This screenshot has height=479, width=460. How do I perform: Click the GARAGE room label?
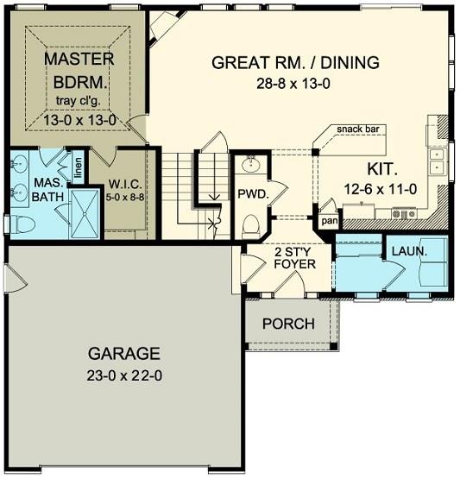pyautogui.click(x=124, y=354)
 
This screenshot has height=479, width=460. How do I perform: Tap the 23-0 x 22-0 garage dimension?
pyautogui.click(x=124, y=375)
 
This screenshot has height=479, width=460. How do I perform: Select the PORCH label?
pyautogui.click(x=288, y=324)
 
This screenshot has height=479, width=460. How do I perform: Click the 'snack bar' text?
pyautogui.click(x=358, y=129)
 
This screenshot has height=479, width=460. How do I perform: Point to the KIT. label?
pyautogui.click(x=382, y=169)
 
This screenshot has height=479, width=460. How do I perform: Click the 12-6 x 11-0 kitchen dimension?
pyautogui.click(x=381, y=189)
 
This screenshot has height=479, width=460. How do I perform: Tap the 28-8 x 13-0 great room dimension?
pyautogui.click(x=293, y=84)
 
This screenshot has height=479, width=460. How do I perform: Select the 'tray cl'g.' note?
pyautogui.click(x=79, y=100)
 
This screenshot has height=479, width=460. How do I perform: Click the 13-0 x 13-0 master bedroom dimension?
pyautogui.click(x=79, y=120)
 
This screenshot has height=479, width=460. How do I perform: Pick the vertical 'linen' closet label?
pyautogui.click(x=79, y=168)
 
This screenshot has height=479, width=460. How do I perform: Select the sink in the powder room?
pyautogui.click(x=251, y=165)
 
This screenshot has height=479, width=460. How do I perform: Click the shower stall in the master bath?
pyautogui.click(x=85, y=213)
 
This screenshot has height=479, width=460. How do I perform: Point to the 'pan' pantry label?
pyautogui.click(x=330, y=221)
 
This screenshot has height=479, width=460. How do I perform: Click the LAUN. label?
pyautogui.click(x=409, y=251)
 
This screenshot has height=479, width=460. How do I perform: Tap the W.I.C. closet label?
pyautogui.click(x=125, y=184)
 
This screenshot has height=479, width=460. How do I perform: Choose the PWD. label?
pyautogui.click(x=253, y=194)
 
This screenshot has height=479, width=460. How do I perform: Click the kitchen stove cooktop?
pyautogui.click(x=404, y=213)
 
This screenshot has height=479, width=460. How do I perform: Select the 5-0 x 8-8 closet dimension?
pyautogui.click(x=125, y=198)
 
